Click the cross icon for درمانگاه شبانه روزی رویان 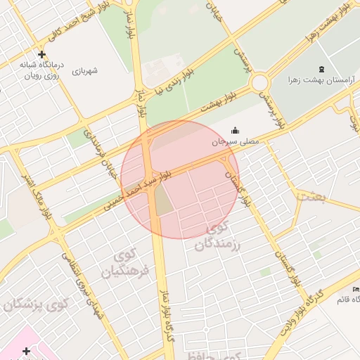41,54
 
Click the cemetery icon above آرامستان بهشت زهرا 321,69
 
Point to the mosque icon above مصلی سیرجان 235,131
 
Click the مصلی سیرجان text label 236,141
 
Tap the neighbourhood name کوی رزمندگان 225,238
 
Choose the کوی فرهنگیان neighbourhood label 126,263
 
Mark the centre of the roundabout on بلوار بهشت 261,83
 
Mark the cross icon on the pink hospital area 26,350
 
